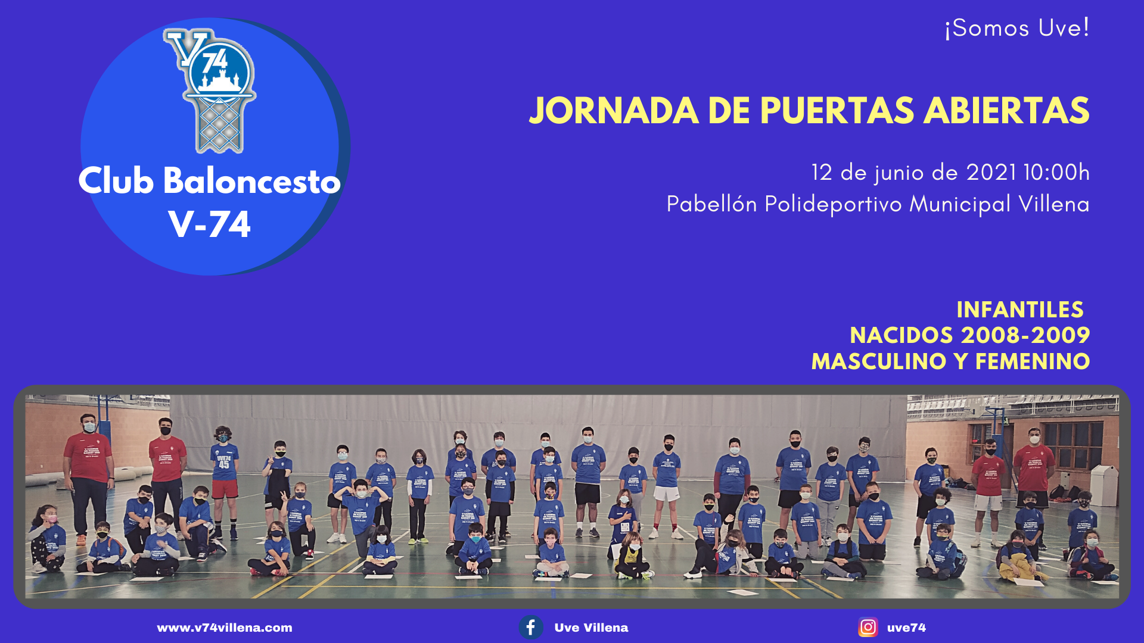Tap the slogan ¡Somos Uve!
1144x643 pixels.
click(x=1017, y=28)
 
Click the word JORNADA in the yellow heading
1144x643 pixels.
click(x=614, y=111)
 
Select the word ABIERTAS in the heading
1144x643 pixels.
click(x=1006, y=111)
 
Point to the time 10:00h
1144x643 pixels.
click(x=1056, y=173)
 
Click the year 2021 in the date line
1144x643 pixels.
click(x=991, y=173)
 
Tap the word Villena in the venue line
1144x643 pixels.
click(x=1054, y=204)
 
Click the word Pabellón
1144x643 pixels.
click(x=712, y=204)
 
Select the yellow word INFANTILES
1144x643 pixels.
click(x=1020, y=310)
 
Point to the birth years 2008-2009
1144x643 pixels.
click(x=1025, y=335)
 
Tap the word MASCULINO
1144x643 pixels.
click(x=879, y=361)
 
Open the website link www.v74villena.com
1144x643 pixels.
click(x=225, y=628)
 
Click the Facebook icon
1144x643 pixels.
click(x=531, y=628)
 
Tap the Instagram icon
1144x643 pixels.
click(x=868, y=628)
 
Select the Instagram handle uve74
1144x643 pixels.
click(x=906, y=628)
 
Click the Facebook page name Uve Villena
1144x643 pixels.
click(x=591, y=628)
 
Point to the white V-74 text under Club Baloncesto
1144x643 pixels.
click(x=210, y=224)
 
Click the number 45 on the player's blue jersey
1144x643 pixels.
click(x=223, y=464)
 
